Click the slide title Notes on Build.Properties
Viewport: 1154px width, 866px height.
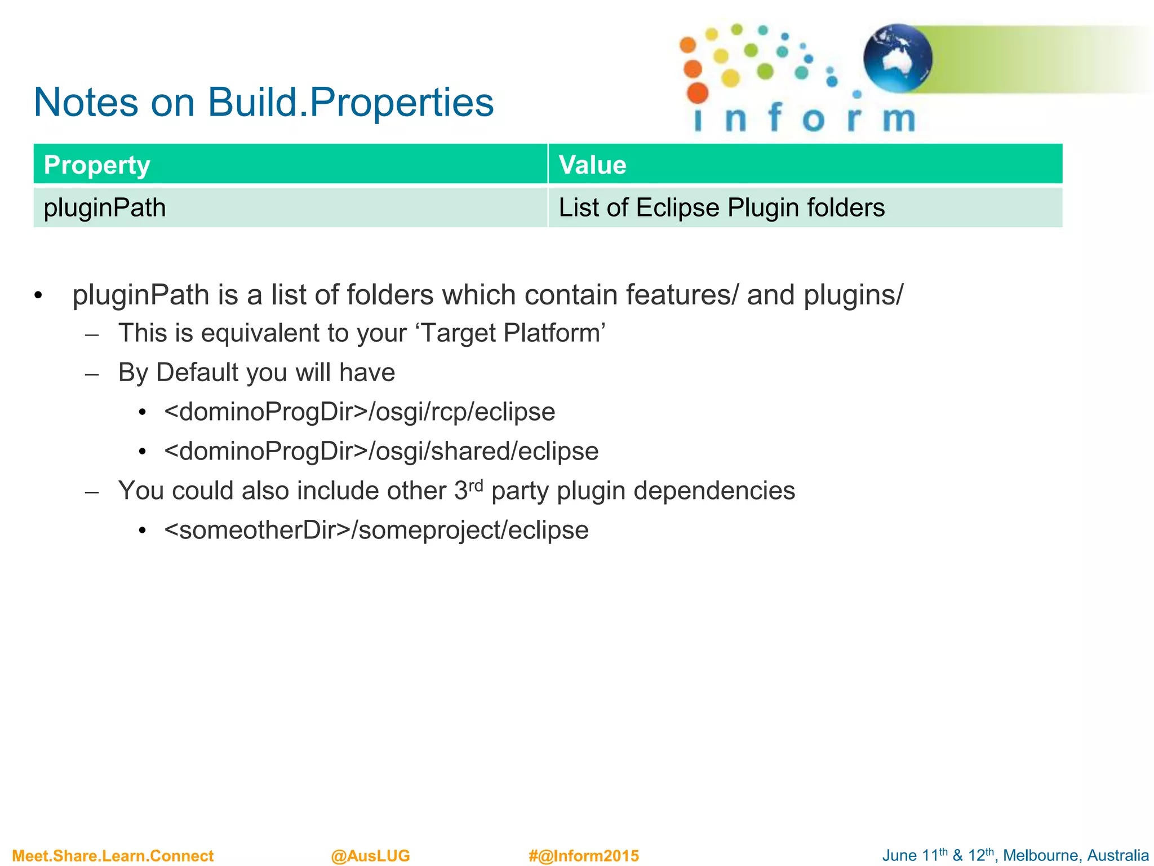click(x=263, y=103)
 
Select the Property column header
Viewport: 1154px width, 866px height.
click(x=97, y=165)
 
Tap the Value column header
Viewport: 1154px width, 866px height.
click(x=592, y=165)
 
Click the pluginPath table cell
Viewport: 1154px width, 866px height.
click(x=105, y=207)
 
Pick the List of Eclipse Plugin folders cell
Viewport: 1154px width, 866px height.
click(x=721, y=207)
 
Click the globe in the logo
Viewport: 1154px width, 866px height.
click(x=897, y=58)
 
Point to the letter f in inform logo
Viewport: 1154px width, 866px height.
click(x=775, y=117)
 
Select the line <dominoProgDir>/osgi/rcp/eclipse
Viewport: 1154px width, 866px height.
click(x=359, y=412)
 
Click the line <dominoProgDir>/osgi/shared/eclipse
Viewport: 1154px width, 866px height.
click(x=381, y=451)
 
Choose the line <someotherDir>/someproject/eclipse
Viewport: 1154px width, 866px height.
click(x=376, y=530)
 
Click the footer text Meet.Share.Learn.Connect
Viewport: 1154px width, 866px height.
click(x=113, y=856)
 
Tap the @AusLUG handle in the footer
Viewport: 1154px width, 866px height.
click(x=370, y=856)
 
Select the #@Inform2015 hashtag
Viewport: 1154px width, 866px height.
click(x=584, y=856)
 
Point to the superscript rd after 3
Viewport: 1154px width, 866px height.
click(x=476, y=485)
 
